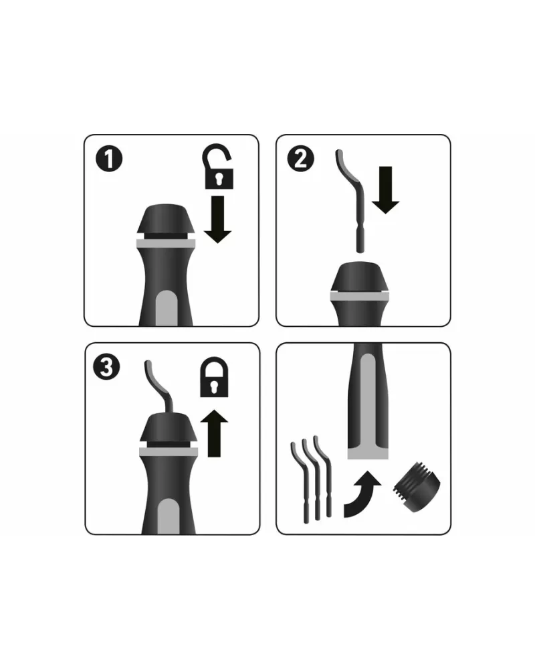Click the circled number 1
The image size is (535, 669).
[109, 159]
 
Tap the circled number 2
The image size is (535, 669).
[301, 159]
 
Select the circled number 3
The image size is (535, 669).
[106, 367]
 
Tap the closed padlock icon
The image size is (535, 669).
[214, 377]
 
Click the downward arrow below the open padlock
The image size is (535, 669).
[217, 219]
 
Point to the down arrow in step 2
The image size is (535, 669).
[385, 190]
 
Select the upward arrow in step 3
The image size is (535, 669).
[214, 433]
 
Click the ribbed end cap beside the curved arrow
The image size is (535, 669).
[417, 487]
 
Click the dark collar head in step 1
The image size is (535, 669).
[166, 219]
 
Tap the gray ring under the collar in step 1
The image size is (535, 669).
[166, 244]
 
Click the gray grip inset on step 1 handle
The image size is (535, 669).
[167, 308]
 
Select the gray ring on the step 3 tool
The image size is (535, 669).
[169, 452]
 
